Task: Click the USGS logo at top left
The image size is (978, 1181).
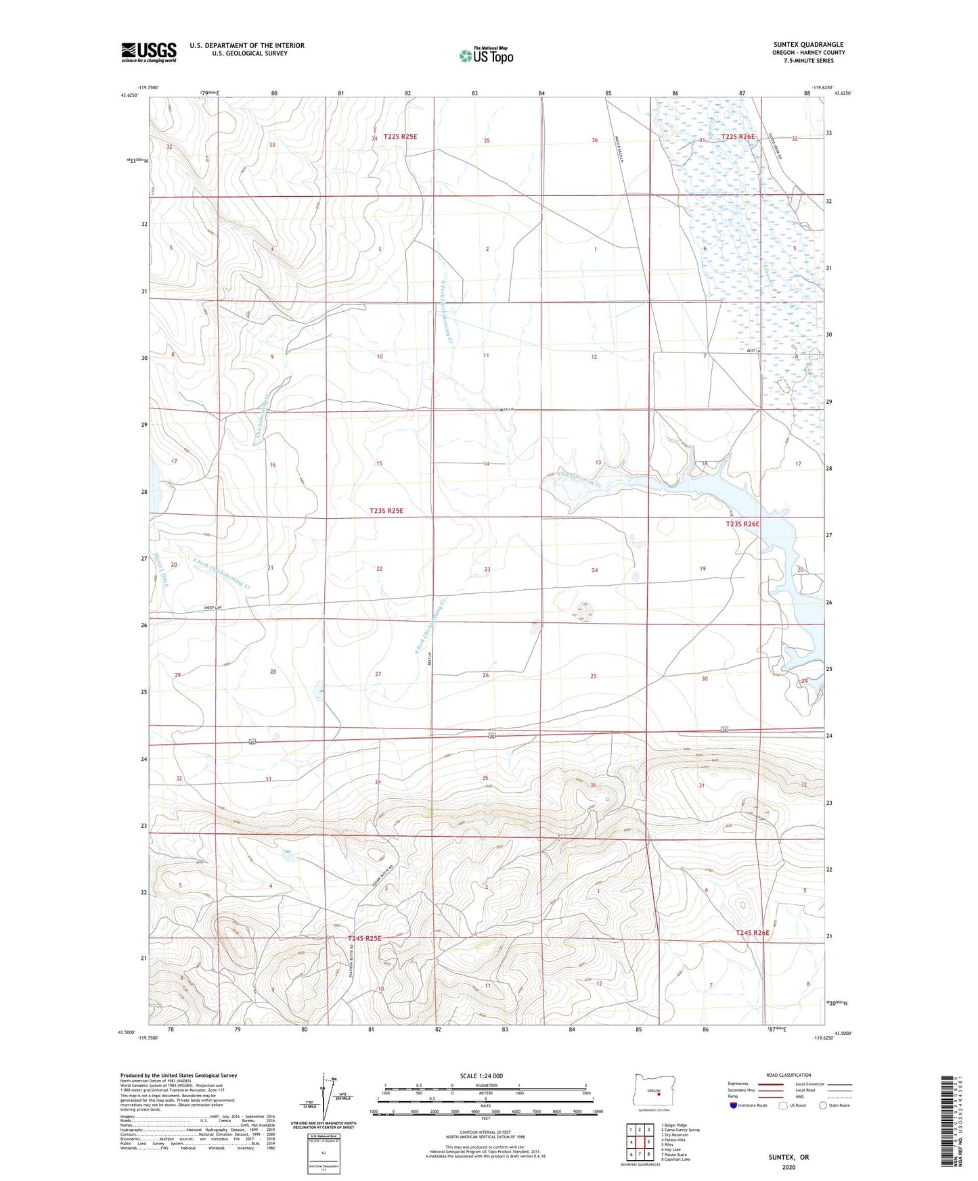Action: (148, 52)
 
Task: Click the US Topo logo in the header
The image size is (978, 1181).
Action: (485, 55)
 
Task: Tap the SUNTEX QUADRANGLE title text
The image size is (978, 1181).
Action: (808, 45)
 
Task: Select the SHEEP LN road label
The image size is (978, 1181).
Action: (213, 608)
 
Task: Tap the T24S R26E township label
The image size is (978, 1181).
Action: (753, 933)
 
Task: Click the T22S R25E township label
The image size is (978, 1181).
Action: (400, 136)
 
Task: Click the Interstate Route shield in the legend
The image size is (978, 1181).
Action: (734, 1105)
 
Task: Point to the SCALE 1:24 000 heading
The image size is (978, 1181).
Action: (481, 1075)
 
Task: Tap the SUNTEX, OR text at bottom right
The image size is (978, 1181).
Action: (788, 1157)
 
